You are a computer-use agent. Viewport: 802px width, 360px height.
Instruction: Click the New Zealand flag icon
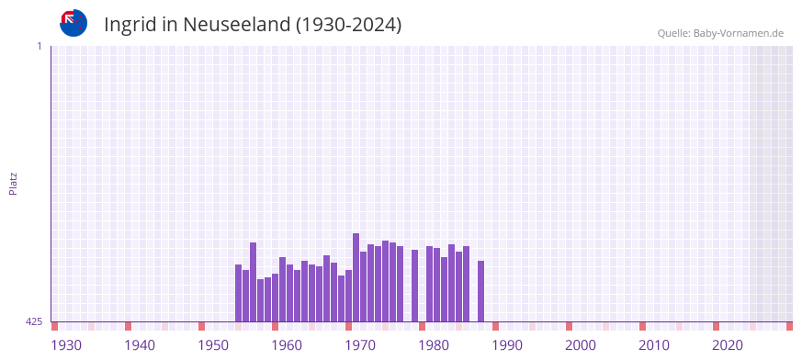(x=73, y=23)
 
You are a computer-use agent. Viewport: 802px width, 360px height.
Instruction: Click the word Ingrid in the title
(x=132, y=25)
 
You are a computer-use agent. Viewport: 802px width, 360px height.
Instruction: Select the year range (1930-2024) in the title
(x=348, y=25)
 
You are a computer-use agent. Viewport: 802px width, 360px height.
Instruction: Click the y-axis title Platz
(x=13, y=183)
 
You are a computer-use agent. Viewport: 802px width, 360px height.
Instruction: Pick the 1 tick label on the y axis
(x=40, y=46)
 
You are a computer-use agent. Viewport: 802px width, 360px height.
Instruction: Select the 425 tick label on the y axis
(x=34, y=321)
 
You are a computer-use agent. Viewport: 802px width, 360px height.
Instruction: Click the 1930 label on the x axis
(x=66, y=345)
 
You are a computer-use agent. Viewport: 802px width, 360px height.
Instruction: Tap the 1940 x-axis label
(x=140, y=345)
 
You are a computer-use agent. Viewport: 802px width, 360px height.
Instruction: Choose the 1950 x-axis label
(x=213, y=345)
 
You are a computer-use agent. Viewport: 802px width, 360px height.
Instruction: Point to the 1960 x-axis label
(x=287, y=345)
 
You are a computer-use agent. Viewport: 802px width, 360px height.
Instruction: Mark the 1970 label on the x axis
(x=360, y=345)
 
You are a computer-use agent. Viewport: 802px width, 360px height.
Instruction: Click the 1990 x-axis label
(x=507, y=345)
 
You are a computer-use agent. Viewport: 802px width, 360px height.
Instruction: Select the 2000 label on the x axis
(x=581, y=345)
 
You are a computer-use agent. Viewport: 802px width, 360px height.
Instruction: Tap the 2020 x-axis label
(x=728, y=345)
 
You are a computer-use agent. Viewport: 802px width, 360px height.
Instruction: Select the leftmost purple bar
(x=239, y=293)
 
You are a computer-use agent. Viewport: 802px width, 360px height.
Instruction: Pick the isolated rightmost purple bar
(x=480, y=291)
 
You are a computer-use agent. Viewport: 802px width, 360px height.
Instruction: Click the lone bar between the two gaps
(x=415, y=286)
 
